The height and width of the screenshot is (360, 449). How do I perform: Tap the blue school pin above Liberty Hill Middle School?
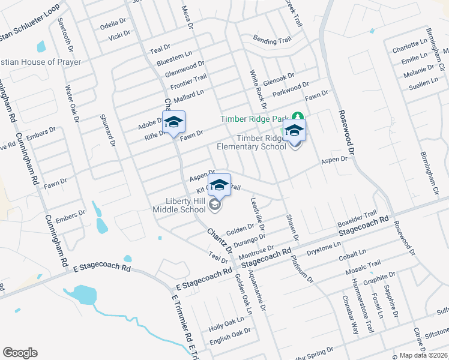point(219,185)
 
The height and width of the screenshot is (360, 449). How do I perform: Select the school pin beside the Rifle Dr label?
point(173,123)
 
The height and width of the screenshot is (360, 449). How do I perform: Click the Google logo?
point(20,353)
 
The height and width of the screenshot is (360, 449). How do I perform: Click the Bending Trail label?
point(272,41)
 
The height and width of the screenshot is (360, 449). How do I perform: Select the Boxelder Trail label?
point(357,218)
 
